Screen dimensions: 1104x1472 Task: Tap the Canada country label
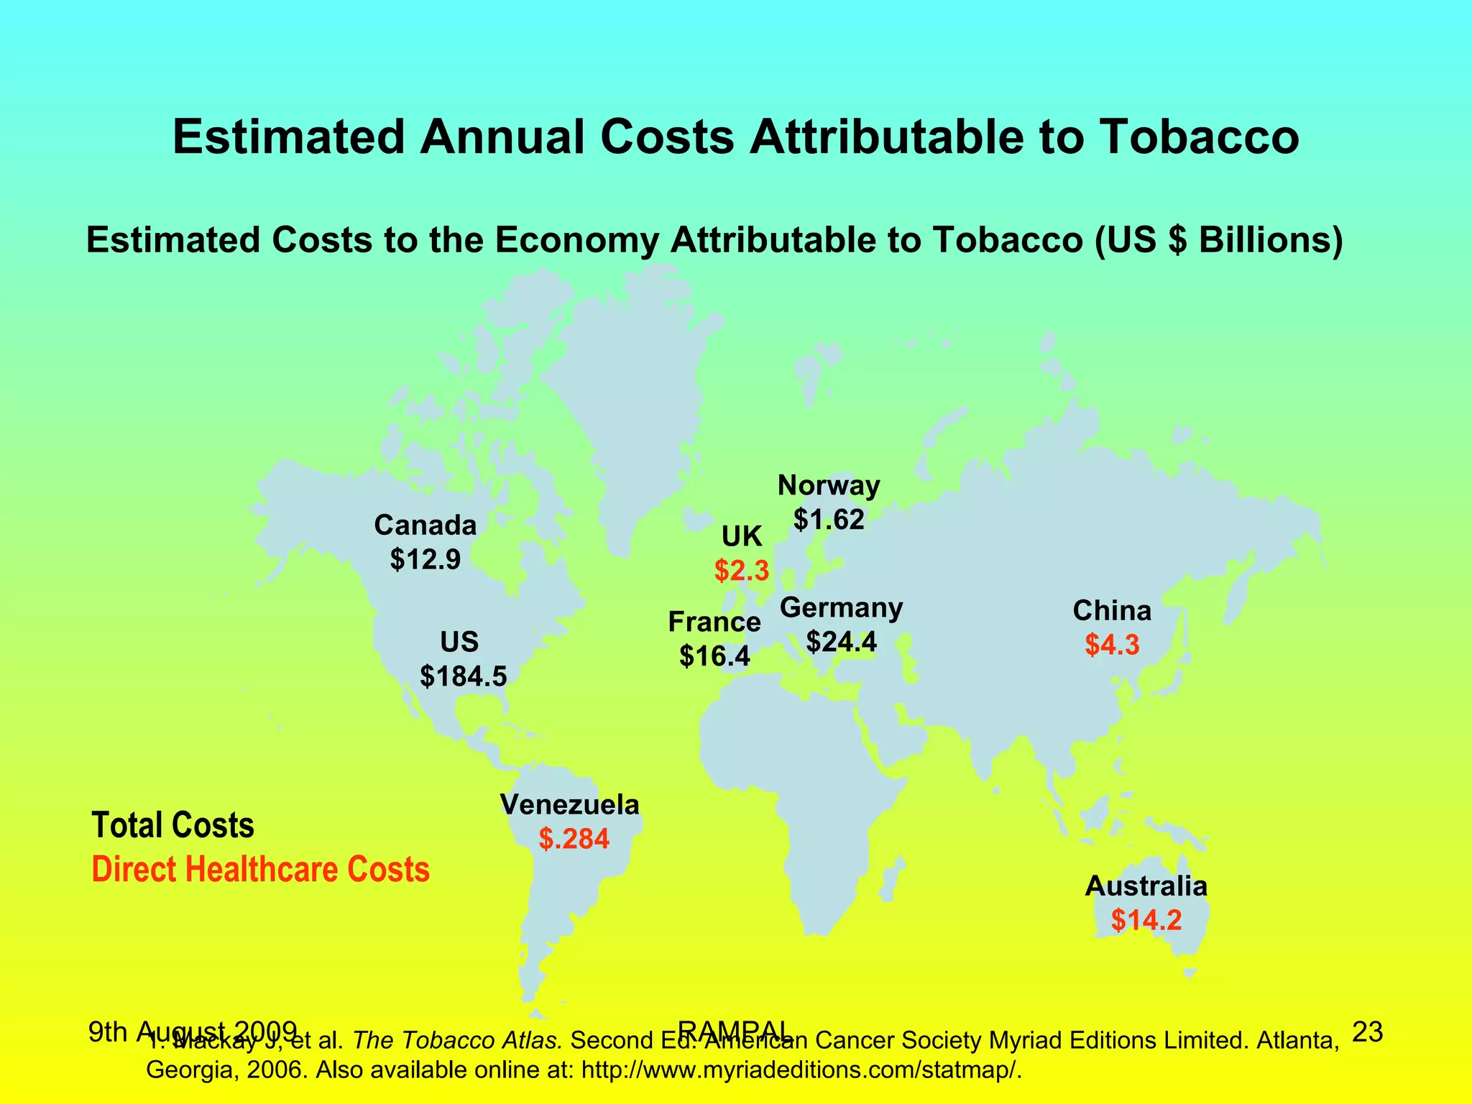click(x=425, y=525)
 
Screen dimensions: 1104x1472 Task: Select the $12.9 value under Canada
click(x=425, y=559)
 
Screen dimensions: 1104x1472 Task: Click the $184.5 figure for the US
click(x=464, y=676)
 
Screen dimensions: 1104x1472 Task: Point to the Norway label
click(x=829, y=487)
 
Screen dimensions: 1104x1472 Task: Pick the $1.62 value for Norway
click(x=829, y=518)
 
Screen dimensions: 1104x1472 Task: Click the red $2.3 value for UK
click(x=742, y=571)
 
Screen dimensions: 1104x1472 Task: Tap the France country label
click(x=714, y=622)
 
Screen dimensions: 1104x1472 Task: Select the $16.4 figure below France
click(x=714, y=655)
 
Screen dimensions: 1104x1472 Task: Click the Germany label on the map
click(x=841, y=608)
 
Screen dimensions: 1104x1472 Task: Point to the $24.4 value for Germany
click(x=841, y=641)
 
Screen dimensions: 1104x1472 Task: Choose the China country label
click(x=1112, y=611)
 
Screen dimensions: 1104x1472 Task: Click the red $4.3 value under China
click(x=1112, y=645)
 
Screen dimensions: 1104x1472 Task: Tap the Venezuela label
click(x=570, y=804)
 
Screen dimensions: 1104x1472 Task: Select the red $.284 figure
click(x=574, y=838)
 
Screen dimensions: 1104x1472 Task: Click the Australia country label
click(x=1146, y=886)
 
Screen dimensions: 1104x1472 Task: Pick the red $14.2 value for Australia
click(x=1146, y=920)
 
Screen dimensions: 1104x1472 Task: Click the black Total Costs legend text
click(x=173, y=825)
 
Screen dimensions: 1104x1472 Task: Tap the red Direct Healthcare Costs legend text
click(x=261, y=870)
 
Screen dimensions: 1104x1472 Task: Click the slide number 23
click(x=1367, y=1032)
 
